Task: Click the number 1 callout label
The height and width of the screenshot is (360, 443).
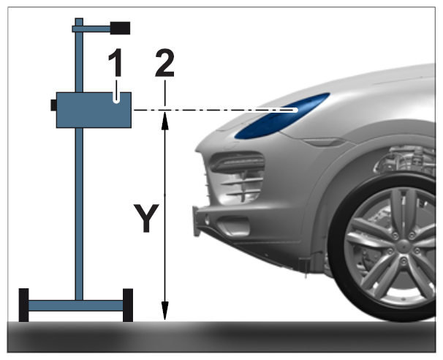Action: [x=116, y=62]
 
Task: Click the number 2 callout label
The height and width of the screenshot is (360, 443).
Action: [x=164, y=63]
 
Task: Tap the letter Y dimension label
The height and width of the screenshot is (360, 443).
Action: [x=146, y=218]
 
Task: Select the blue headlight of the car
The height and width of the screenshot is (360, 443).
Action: [x=282, y=116]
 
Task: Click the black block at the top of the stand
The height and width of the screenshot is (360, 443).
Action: [x=120, y=28]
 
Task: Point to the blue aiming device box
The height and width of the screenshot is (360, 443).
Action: [x=94, y=110]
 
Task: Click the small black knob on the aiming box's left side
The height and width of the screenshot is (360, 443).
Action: [x=53, y=105]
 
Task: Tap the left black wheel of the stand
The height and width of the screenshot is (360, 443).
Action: [x=23, y=305]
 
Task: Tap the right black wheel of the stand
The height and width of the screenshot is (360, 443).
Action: [x=128, y=305]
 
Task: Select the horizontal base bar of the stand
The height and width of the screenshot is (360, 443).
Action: [x=76, y=306]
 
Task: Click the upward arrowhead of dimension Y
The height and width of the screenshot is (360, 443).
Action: [x=164, y=121]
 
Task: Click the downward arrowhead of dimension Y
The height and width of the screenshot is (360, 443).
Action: [x=164, y=311]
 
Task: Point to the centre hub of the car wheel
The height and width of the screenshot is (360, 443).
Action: [x=404, y=247]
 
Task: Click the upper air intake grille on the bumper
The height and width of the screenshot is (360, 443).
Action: [x=238, y=162]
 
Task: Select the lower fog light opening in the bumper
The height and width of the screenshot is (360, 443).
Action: [x=233, y=225]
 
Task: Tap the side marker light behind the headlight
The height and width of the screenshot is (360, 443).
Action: [x=325, y=142]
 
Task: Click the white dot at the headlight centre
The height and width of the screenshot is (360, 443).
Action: [x=295, y=110]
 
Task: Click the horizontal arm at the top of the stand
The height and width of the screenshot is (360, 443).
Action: [x=91, y=29]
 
